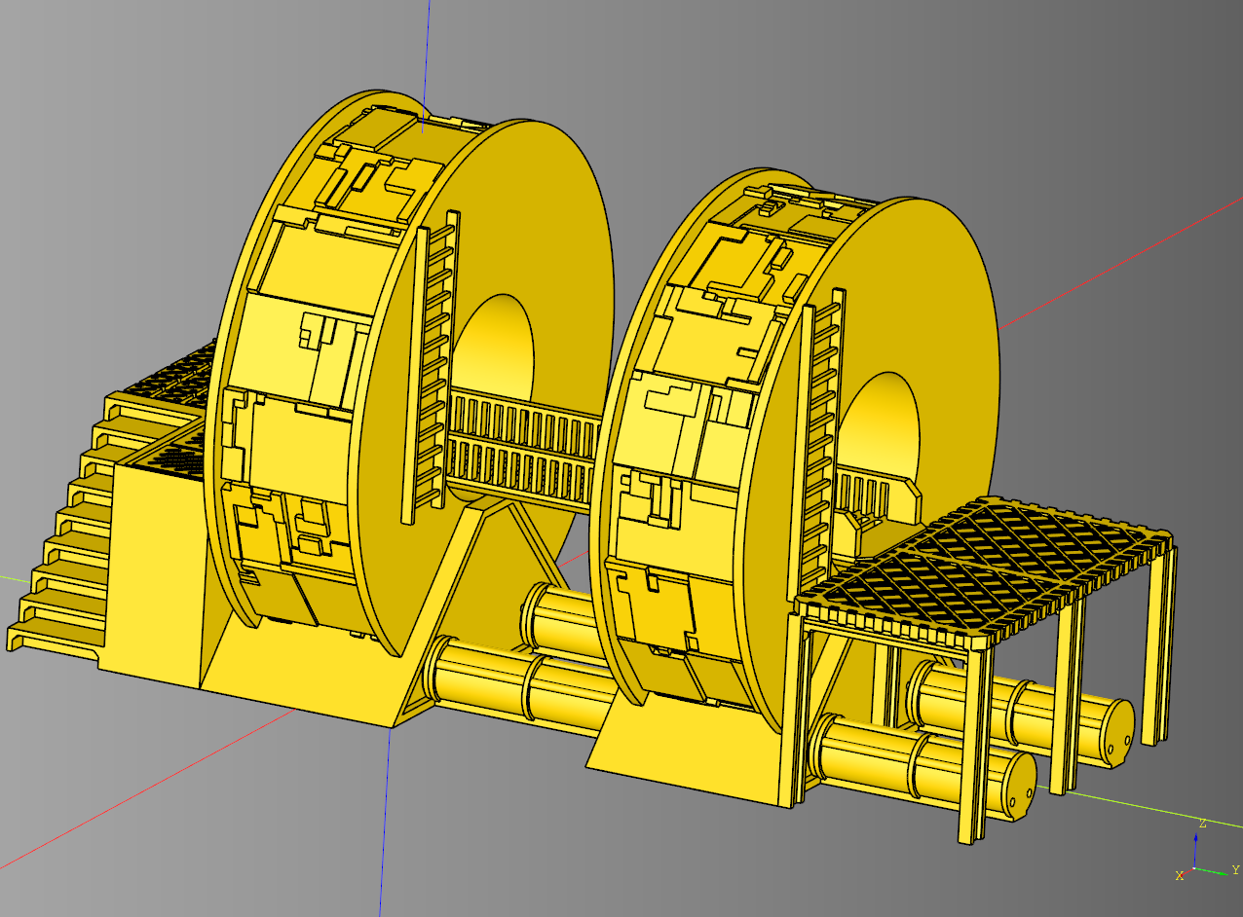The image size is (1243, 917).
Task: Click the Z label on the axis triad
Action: point(1203,824)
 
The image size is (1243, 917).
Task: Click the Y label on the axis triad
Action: point(1235,869)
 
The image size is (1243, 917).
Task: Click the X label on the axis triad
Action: point(1180,876)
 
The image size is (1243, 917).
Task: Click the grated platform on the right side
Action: point(984,565)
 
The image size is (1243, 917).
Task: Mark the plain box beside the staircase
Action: point(156,574)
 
